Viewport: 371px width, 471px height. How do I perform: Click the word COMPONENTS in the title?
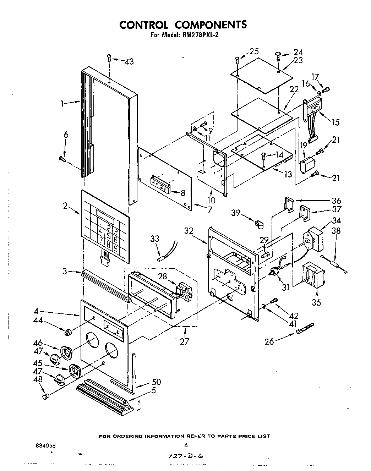coord(211,24)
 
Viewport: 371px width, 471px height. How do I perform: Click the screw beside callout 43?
coord(109,58)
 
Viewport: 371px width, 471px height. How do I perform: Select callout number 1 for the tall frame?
coord(62,104)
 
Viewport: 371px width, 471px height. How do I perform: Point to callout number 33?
coord(154,239)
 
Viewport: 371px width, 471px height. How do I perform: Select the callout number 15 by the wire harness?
coord(335,122)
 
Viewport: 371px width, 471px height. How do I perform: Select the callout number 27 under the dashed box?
coord(184,341)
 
